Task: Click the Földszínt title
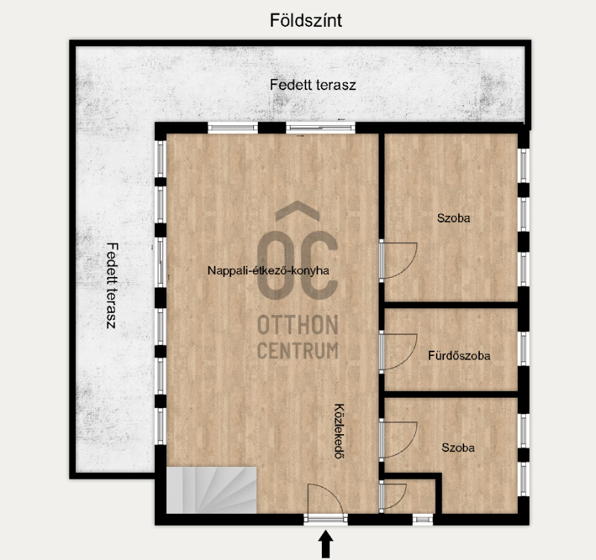click(305, 20)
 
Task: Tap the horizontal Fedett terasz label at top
click(313, 85)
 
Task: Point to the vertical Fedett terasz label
click(112, 286)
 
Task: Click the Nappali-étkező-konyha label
click(268, 270)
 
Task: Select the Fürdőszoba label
click(459, 356)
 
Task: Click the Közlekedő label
click(339, 431)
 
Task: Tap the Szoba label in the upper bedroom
click(453, 218)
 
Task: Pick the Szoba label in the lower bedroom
click(457, 448)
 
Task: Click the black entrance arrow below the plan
click(326, 544)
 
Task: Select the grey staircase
click(212, 490)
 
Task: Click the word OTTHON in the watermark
click(297, 325)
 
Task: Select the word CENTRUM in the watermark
click(297, 350)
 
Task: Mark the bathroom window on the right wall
click(524, 349)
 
